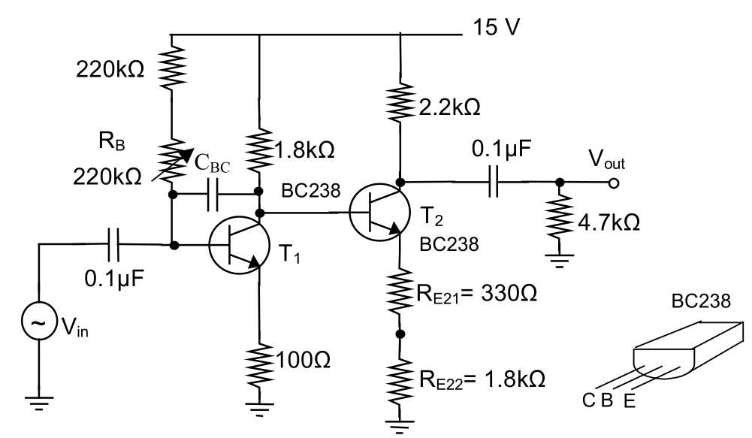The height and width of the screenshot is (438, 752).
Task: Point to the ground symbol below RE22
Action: click(400, 424)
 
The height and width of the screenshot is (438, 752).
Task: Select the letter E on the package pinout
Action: click(629, 401)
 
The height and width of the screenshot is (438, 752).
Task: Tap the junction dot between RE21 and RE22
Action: click(400, 334)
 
